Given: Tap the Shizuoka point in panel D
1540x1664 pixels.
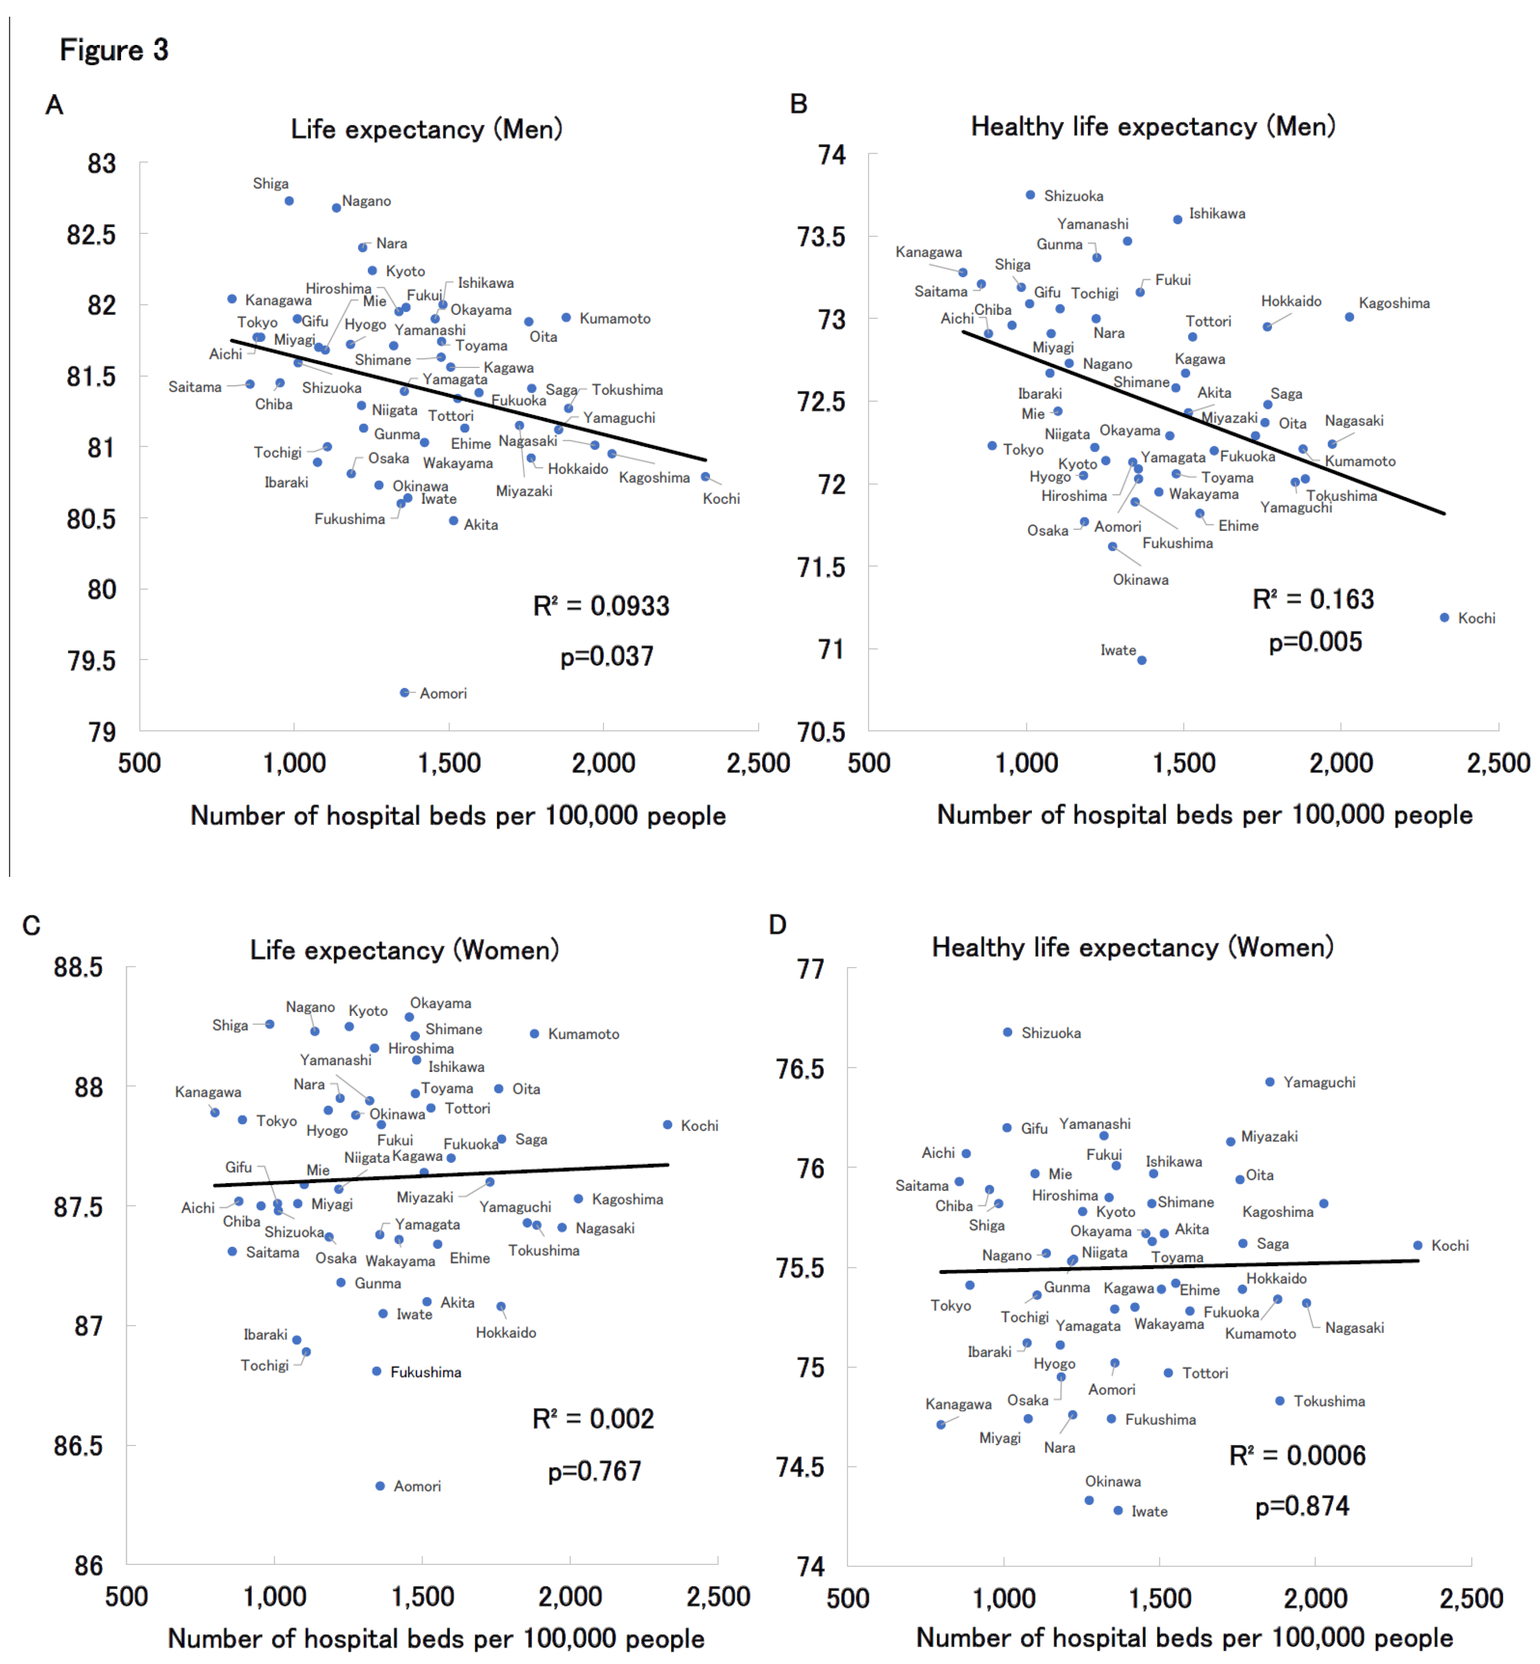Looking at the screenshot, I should point(1008,1032).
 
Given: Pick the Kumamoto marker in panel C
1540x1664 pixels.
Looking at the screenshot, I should point(534,1034).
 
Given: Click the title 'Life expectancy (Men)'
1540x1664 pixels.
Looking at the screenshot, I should point(427,129).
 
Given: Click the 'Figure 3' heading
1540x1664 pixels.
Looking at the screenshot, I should point(114,50).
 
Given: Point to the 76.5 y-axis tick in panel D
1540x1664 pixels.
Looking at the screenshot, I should point(800,1068).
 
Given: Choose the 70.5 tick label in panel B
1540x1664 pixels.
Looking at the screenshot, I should point(821,732).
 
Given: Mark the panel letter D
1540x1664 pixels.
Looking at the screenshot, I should point(777,924).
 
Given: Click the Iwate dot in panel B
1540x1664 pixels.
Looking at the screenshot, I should point(1142,660).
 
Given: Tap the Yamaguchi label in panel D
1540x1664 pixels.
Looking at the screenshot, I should point(1319,1082).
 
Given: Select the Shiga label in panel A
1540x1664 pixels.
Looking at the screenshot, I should point(271,184).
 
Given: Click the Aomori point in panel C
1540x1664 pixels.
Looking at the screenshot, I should point(380,1486).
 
